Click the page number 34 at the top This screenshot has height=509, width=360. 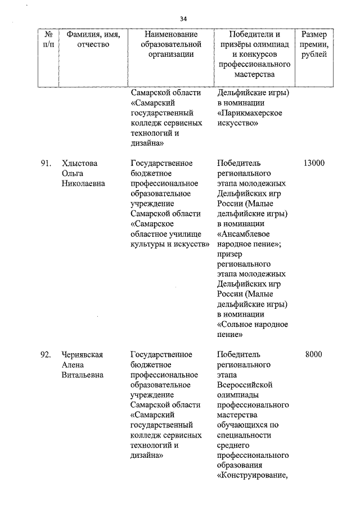[183, 19]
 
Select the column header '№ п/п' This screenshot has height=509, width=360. [48, 39]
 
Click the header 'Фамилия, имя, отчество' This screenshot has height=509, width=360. [93, 39]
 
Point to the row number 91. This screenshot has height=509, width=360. [46, 163]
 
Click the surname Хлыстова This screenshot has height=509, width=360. [80, 163]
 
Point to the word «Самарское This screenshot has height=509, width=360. [151, 223]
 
